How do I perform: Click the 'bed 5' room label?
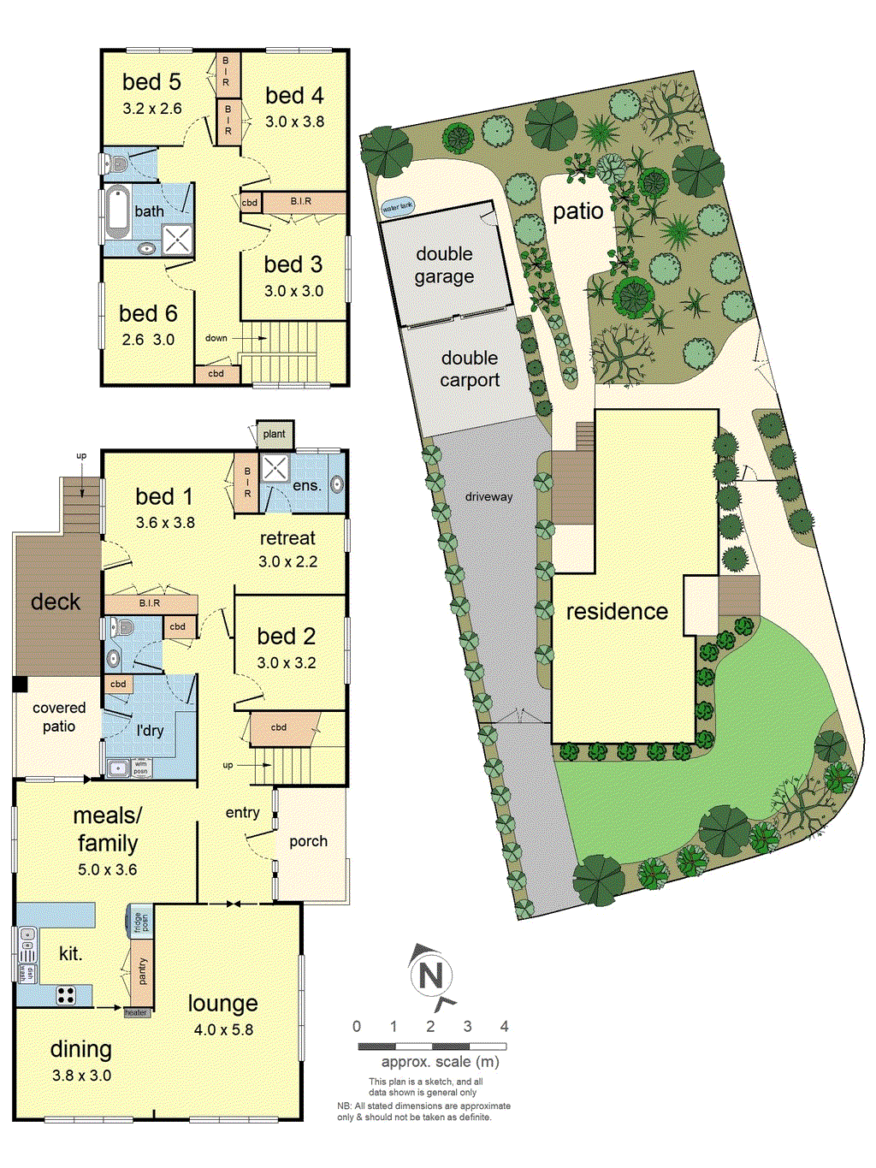tap(151, 82)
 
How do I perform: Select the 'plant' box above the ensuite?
tap(275, 434)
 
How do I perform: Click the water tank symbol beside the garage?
tap(397, 206)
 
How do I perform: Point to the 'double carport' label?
tap(470, 369)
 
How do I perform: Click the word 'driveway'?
tap(488, 496)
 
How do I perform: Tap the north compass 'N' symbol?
tap(431, 975)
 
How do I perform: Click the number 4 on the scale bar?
tap(505, 1026)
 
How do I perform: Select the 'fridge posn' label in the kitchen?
tap(140, 922)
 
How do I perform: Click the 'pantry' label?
tap(142, 971)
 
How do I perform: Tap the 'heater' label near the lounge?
tap(136, 1013)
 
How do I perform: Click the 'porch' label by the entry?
tap(308, 841)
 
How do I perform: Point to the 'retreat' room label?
tap(287, 538)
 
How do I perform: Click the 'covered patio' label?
tap(59, 717)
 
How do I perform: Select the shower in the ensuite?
tap(275, 469)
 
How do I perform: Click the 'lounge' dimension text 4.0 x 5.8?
tap(223, 1029)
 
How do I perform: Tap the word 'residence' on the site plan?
tap(617, 611)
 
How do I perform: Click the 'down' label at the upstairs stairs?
tap(216, 338)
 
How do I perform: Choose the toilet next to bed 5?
tap(117, 163)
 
